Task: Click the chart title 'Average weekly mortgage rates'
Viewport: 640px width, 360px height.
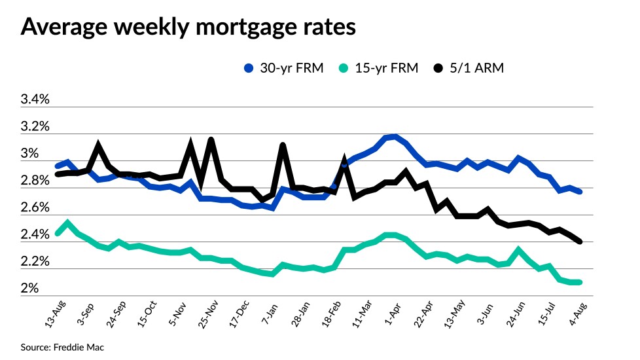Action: coord(189,27)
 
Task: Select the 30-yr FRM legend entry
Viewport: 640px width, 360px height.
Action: coord(283,68)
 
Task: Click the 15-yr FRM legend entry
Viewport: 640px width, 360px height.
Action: coord(378,68)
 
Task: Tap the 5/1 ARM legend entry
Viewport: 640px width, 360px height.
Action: coord(469,68)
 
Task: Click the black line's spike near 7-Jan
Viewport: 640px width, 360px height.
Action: coord(283,145)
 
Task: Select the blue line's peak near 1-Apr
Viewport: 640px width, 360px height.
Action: coord(393,137)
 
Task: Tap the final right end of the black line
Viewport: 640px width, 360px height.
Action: coord(580,242)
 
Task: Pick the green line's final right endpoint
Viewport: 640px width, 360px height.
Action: coord(580,282)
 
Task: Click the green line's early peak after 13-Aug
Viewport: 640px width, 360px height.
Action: coord(68,223)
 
